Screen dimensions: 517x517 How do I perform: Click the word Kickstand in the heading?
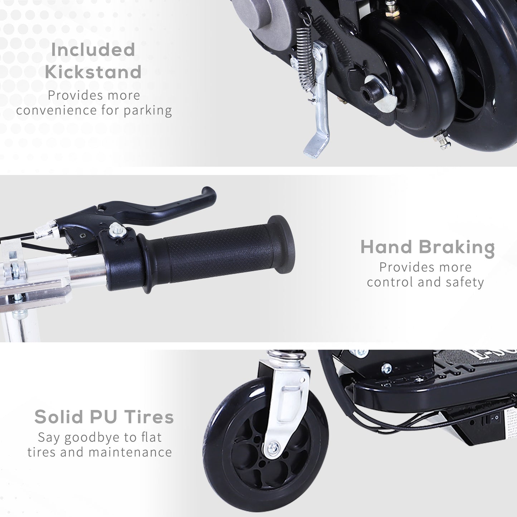pos(93,72)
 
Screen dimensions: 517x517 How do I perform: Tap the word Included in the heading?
pos(93,50)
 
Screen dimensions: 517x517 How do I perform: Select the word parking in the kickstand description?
pos(148,111)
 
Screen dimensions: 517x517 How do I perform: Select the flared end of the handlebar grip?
pos(282,244)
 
